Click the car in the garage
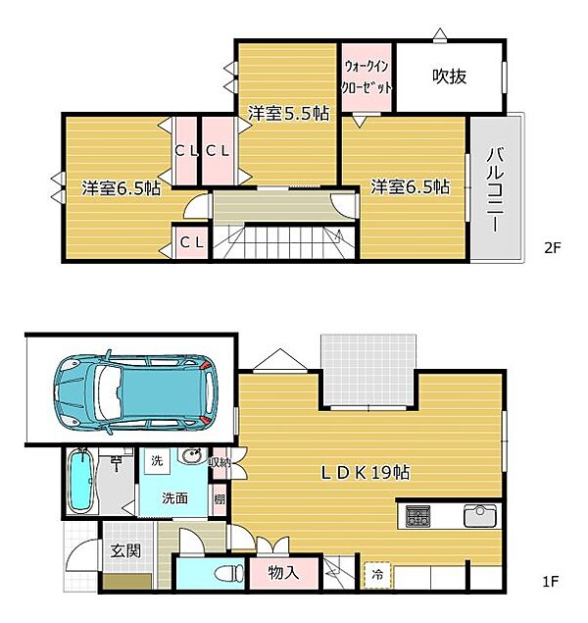click(x=135, y=392)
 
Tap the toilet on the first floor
click(x=229, y=573)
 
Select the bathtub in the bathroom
click(x=81, y=481)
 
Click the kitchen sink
click(x=480, y=516)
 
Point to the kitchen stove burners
click(x=417, y=516)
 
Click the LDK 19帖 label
click(x=365, y=473)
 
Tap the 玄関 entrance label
click(x=125, y=550)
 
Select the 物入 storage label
click(x=283, y=573)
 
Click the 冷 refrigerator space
click(x=377, y=575)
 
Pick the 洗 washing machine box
click(x=157, y=461)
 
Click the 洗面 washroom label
click(x=174, y=498)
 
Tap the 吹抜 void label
click(x=449, y=77)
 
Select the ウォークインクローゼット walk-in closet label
click(x=367, y=77)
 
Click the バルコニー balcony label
click(x=495, y=189)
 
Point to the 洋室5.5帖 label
click(x=289, y=114)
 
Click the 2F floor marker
click(x=552, y=248)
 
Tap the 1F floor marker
click(x=551, y=582)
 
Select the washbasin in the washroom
click(x=192, y=456)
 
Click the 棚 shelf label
click(x=220, y=499)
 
